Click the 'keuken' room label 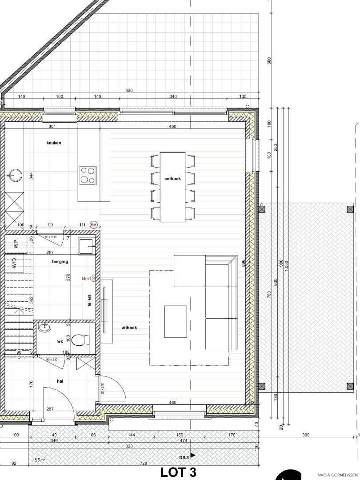tap(54, 143)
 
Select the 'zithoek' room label tap(129, 328)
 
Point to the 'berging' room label tap(60, 262)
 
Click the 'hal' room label tap(60, 381)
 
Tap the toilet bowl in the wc tap(79, 340)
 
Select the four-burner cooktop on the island tap(88, 175)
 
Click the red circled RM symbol tap(94, 225)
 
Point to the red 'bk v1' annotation tap(87, 279)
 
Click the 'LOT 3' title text tap(178, 472)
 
